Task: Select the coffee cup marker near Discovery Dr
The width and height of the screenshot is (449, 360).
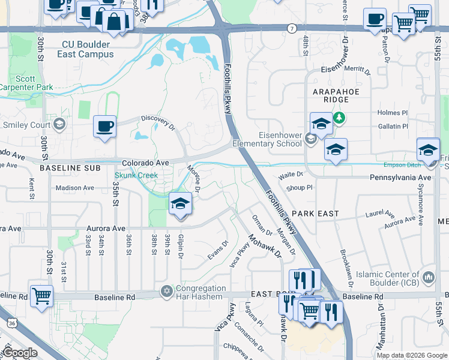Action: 104,127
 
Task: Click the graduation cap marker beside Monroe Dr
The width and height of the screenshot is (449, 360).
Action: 179,204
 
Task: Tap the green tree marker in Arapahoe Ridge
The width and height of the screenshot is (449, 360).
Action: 340,117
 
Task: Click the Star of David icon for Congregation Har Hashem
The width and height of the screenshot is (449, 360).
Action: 166,291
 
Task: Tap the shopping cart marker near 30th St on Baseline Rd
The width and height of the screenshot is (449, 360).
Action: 41,296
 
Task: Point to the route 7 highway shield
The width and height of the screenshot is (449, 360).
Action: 292,28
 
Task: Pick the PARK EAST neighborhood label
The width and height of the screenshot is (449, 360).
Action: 316,214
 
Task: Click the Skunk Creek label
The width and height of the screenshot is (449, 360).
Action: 136,176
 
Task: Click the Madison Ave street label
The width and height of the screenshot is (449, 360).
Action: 75,188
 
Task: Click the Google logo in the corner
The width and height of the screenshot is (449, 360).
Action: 20,353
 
